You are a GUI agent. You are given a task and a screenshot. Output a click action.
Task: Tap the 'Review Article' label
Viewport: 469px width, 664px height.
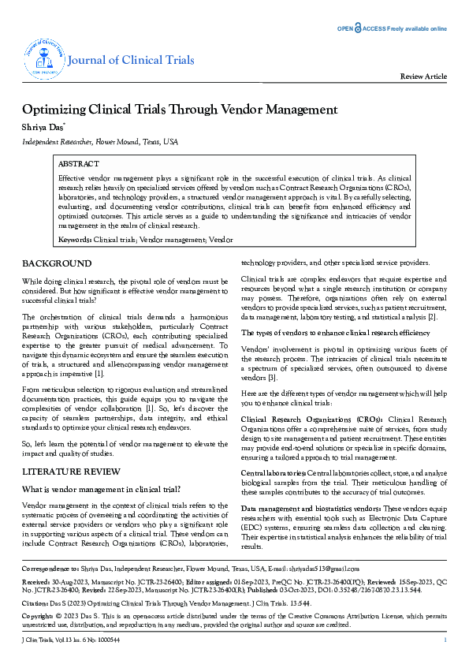424,76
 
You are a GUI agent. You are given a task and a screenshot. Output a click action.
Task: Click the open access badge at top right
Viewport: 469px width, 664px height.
393,28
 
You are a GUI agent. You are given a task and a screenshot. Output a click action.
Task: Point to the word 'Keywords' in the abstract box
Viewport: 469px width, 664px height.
75,239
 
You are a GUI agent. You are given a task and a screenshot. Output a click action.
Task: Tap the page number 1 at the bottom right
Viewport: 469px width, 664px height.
445,639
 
